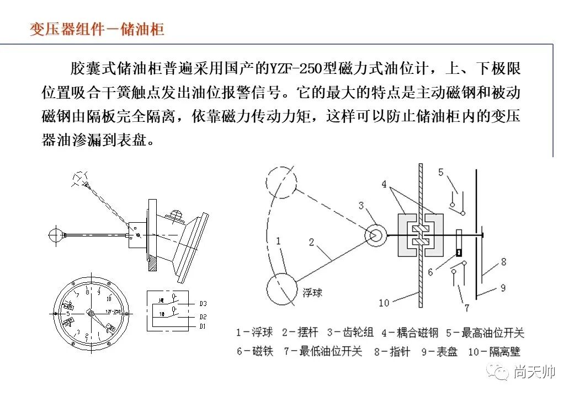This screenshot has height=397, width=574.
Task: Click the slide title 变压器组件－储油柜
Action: tap(97, 29)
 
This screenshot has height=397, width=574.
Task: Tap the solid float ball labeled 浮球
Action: tap(283, 288)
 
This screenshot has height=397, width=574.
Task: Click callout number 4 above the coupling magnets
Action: tap(384, 184)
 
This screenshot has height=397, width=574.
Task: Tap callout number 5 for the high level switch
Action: tap(440, 173)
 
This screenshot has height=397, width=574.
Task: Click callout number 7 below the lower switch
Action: tap(466, 308)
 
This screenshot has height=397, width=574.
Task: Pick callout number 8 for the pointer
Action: tap(503, 262)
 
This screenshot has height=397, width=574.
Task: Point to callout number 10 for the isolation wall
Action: tap(384, 303)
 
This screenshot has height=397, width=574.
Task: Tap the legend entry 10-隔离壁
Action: tap(494, 351)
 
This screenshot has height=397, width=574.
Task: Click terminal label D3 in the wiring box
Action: tap(203, 303)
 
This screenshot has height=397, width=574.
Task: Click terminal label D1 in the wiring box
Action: tap(203, 326)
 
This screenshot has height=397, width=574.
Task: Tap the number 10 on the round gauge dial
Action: tap(109, 299)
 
